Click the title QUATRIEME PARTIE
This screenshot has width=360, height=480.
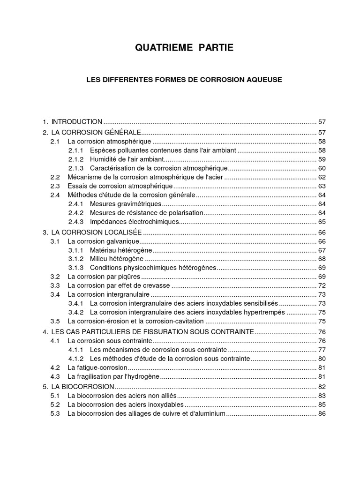click(184, 47)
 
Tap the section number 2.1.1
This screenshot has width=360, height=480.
click(75, 150)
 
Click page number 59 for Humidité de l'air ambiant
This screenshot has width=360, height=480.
click(322, 159)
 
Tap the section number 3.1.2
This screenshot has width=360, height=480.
click(75, 259)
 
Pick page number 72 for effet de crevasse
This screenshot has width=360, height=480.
click(322, 285)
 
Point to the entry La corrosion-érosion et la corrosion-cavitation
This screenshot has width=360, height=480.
click(136, 321)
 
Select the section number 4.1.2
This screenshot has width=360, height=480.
click(75, 359)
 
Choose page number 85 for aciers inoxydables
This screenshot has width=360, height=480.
click(322, 405)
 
